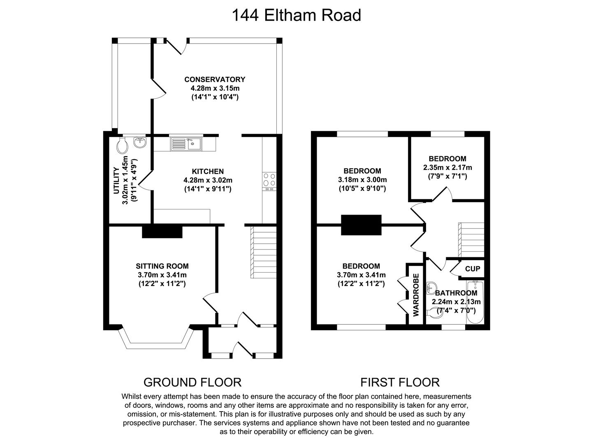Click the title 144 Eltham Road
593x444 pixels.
click(296, 15)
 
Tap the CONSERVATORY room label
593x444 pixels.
click(215, 79)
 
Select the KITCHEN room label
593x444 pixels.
click(208, 171)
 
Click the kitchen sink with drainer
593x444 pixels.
click(186, 144)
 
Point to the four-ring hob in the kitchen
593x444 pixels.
click(269, 180)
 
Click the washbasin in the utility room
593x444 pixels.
click(140, 142)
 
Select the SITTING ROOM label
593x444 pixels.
click(162, 266)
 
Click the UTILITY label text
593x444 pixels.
click(116, 180)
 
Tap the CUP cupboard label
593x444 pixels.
click(473, 269)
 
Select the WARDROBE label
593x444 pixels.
click(416, 295)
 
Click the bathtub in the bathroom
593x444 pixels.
click(475, 302)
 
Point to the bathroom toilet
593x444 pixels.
click(435, 313)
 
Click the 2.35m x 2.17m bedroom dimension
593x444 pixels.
click(448, 168)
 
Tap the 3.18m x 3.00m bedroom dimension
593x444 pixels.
click(362, 180)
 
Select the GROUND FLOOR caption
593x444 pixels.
click(192, 382)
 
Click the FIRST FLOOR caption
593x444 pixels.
click(400, 382)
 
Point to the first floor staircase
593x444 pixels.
click(471, 240)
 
